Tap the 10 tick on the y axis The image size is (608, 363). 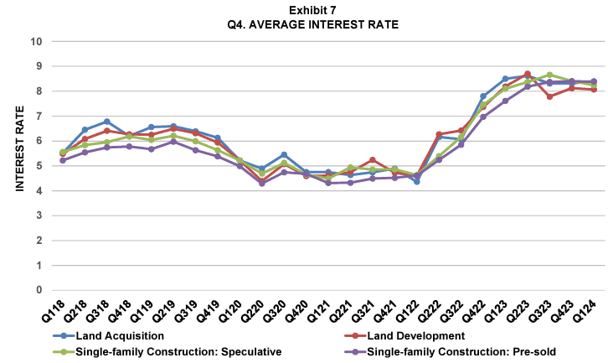pyautogui.click(x=36, y=41)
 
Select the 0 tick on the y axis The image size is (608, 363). pyautogui.click(x=39, y=290)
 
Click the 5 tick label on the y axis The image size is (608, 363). pyautogui.click(x=39, y=166)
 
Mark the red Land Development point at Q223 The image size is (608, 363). pyautogui.click(x=527, y=74)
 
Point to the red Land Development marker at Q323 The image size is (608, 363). pyautogui.click(x=549, y=96)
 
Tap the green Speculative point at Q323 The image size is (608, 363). pyautogui.click(x=549, y=75)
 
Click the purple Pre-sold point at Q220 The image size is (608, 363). pyautogui.click(x=261, y=183)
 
